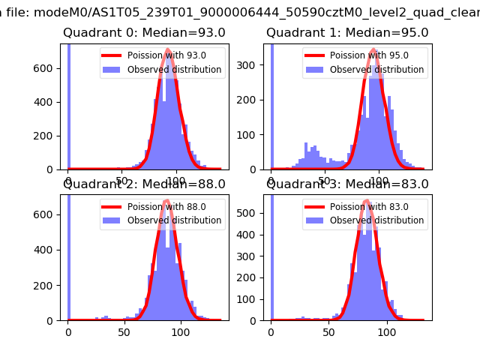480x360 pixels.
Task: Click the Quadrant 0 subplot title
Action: (144, 32)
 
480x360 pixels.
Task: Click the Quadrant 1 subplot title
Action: (347, 32)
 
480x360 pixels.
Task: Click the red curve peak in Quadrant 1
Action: (373, 50)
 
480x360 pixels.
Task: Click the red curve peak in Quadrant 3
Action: (366, 201)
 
